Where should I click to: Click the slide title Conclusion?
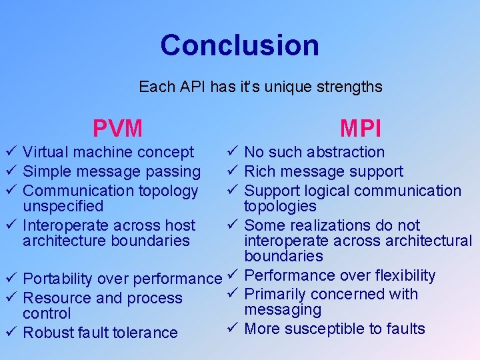point(239,45)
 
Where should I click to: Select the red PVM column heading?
point(117,127)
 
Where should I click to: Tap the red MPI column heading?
point(360,127)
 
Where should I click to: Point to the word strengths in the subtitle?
point(351,87)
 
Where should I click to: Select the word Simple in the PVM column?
point(45,172)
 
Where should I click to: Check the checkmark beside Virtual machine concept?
point(9,153)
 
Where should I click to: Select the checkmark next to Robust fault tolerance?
point(9,331)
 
